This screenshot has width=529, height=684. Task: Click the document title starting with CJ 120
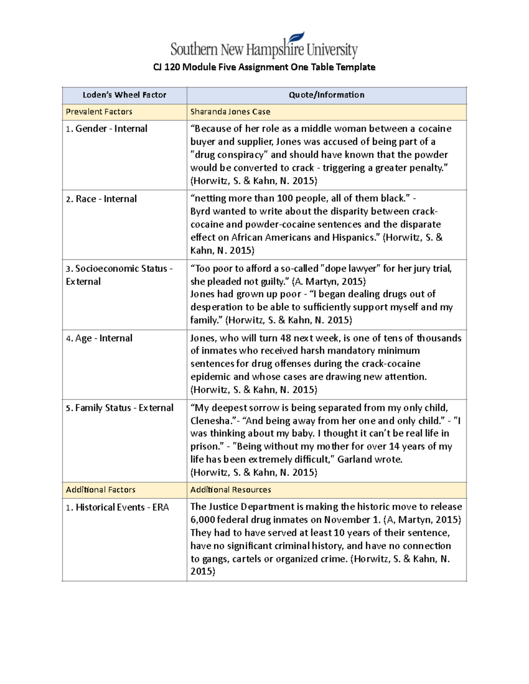pos(264,67)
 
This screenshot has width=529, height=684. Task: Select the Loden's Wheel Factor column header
pos(124,95)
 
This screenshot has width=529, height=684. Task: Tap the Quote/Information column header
pos(326,95)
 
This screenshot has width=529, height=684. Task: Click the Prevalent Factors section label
pos(99,112)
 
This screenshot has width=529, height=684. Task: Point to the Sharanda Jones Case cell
pos(230,112)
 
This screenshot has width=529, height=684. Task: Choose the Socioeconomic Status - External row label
pos(119,274)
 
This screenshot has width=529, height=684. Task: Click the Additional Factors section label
pos(101,490)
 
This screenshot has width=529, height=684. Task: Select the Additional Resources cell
pos(231,490)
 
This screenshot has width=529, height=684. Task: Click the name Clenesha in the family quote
pos(211,421)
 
